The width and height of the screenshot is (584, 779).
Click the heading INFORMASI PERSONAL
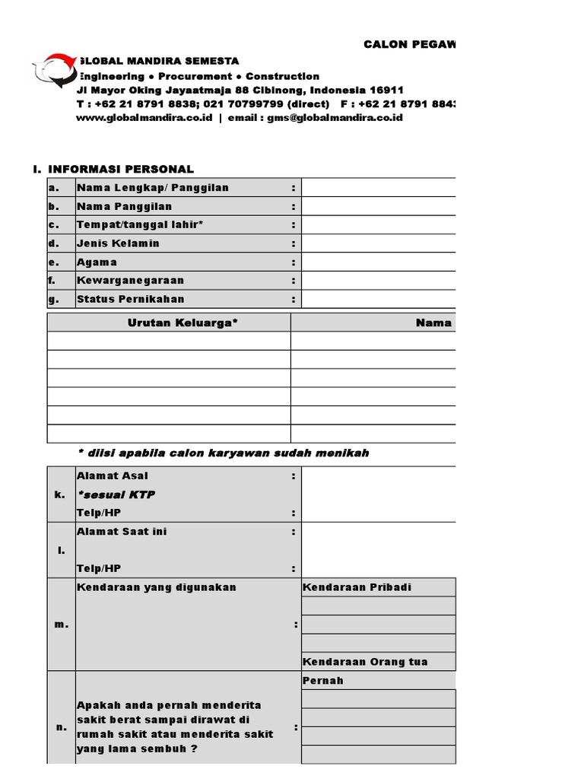pos(121,169)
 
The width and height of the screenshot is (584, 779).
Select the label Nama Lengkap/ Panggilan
pos(152,188)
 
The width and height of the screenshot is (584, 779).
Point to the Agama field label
pos(97,262)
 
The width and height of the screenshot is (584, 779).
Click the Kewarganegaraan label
pos(130,281)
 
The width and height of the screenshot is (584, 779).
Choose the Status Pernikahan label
pos(130,299)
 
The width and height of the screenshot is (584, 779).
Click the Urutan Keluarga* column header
pos(182,323)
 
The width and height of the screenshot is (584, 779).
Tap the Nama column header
pos(434,323)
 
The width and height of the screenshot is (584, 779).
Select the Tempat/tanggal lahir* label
pos(140,225)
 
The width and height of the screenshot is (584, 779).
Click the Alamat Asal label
pos(113,476)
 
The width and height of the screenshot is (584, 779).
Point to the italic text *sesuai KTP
pos(116,494)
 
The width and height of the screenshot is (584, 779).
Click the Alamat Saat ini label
pos(122,532)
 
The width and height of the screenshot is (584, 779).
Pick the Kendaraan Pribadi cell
pos(357,587)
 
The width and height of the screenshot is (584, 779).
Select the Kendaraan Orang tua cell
pos(365,662)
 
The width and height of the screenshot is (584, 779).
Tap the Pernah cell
pos(323,681)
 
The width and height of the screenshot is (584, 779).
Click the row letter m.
pos(61,625)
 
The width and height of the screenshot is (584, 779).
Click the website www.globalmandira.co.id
pos(144,118)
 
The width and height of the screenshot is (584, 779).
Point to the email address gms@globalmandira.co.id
pos(335,118)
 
